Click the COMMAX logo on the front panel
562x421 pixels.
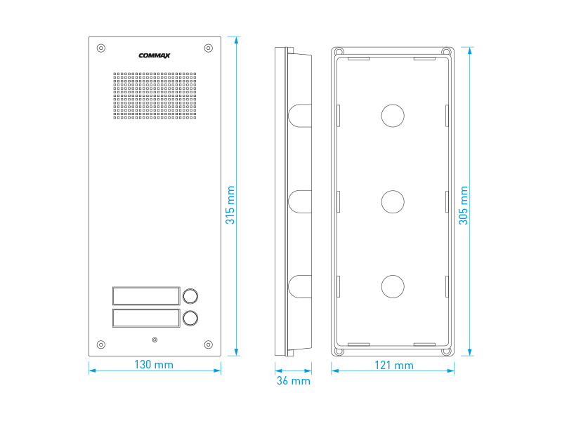point(154,55)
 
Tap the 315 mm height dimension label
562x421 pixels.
point(230,205)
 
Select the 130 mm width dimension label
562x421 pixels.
point(154,364)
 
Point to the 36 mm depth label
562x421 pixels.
point(293,380)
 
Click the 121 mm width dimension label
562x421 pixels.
point(394,365)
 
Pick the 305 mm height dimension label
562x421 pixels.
point(463,206)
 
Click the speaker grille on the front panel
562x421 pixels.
point(155,95)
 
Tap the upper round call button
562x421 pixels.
point(190,296)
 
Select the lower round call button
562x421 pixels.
point(190,319)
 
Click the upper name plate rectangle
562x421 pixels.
point(146,295)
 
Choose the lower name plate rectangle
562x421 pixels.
point(146,318)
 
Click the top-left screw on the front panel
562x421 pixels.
point(101,48)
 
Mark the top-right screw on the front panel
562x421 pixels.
point(208,48)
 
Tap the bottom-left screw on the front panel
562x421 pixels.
point(101,345)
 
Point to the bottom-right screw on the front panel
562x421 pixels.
point(208,345)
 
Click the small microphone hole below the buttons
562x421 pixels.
point(155,340)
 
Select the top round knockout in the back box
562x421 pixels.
point(393,116)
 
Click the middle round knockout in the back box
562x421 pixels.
point(393,202)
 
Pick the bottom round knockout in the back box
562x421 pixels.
point(393,286)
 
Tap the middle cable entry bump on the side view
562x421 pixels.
point(300,202)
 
